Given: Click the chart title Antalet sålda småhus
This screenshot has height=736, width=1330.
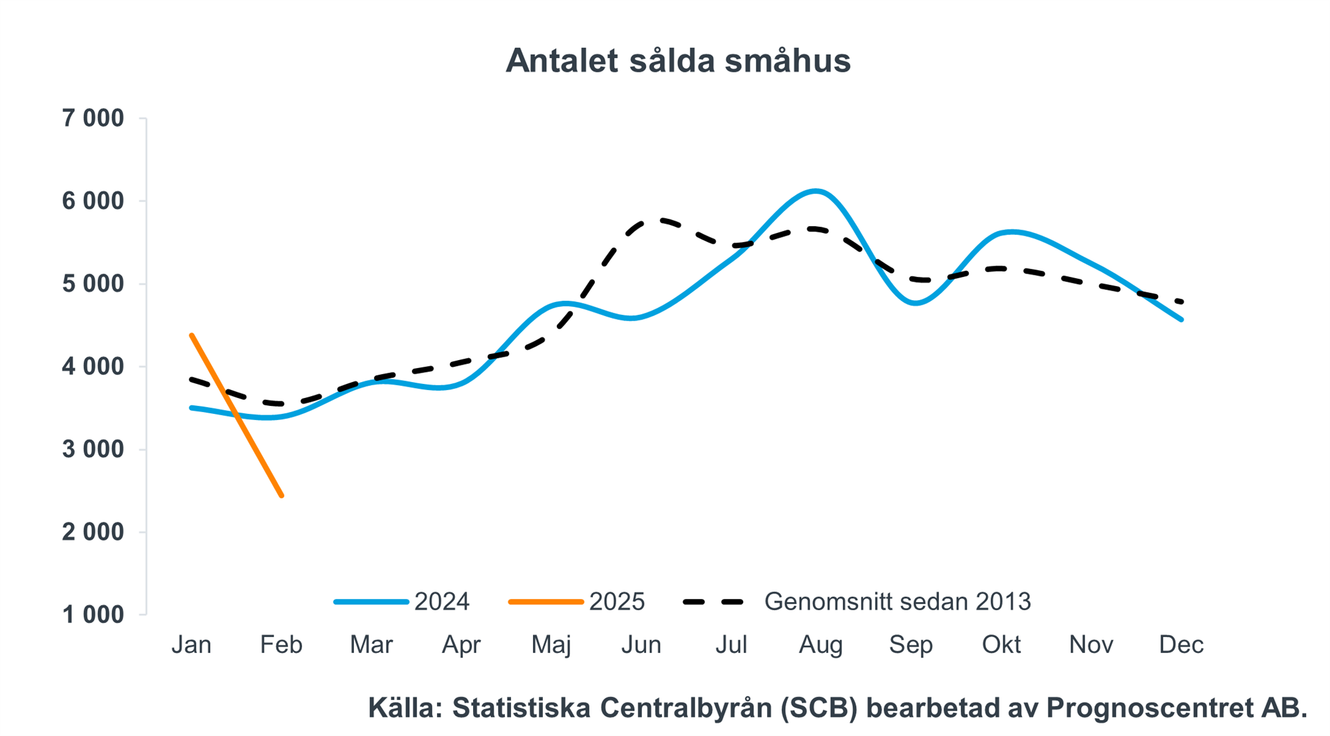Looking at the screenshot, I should tap(677, 61).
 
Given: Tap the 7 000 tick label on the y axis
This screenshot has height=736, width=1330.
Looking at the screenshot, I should tap(93, 118).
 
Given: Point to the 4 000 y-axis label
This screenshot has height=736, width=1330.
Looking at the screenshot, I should tap(93, 367).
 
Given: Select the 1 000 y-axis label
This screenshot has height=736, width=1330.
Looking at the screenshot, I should tap(93, 615).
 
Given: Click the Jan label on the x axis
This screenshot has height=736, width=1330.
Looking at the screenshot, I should tap(192, 645).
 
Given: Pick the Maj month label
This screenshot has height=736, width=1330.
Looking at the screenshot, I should tap(552, 645).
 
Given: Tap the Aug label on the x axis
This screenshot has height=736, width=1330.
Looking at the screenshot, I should tap(821, 645).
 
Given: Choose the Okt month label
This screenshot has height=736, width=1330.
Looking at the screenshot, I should tap(1001, 645).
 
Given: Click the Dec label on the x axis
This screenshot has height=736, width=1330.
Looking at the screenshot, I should tap(1181, 645).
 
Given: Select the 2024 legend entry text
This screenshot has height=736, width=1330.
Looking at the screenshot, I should tap(442, 602).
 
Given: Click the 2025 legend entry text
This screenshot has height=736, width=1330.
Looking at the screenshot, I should tap(617, 602).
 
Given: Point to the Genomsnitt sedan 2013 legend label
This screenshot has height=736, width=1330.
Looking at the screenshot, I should tap(898, 602).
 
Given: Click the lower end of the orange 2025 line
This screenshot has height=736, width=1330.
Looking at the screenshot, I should tap(282, 496).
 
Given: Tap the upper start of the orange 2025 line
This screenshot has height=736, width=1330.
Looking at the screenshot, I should tap(192, 335).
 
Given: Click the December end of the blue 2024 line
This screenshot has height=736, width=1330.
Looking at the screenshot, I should tap(1181, 319).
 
